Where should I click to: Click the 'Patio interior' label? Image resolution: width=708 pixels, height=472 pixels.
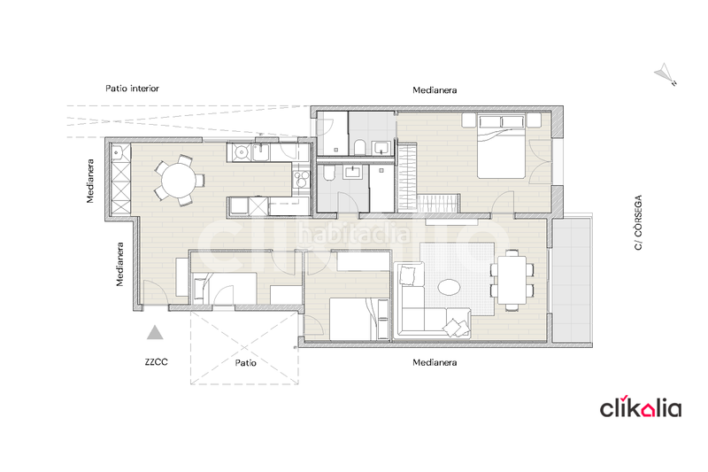(132, 89)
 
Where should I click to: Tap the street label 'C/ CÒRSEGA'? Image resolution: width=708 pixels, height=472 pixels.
(637, 224)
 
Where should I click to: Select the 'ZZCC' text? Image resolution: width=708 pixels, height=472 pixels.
(158, 362)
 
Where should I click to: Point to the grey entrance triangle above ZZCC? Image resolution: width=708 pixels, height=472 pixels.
(156, 333)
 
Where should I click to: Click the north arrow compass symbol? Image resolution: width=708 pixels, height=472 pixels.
(665, 74)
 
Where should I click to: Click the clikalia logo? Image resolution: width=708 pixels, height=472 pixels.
(642, 407)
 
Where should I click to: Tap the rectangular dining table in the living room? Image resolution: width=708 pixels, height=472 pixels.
(512, 280)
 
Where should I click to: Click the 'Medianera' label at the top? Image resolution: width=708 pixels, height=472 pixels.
(435, 90)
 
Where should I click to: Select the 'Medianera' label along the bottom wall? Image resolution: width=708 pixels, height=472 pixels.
(435, 363)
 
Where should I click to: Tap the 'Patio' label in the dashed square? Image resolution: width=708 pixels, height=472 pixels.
(245, 362)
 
